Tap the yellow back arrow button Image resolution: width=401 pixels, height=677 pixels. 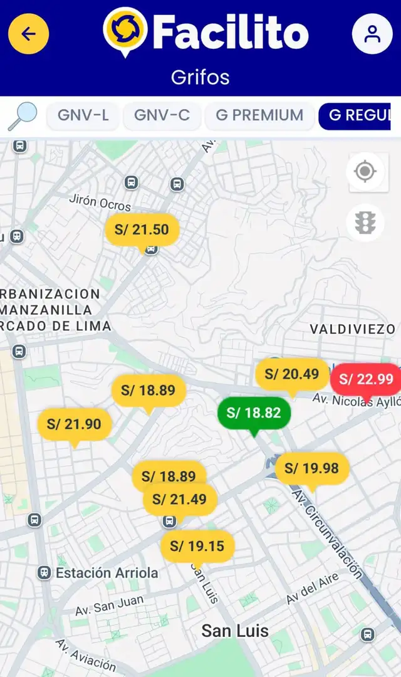(x=29, y=33)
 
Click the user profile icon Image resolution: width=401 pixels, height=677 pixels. (x=372, y=33)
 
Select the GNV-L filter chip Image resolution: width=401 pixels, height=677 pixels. (x=83, y=115)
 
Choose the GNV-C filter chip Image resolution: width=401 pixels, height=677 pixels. (x=162, y=115)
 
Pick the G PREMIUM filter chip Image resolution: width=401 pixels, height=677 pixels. (x=259, y=115)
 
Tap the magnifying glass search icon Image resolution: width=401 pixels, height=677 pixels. (x=23, y=116)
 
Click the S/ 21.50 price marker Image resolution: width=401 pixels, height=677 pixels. (x=142, y=229)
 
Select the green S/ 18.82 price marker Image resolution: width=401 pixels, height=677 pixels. (x=253, y=412)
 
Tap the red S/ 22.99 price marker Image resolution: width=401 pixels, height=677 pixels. (x=366, y=379)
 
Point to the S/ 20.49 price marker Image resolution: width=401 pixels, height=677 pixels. (x=292, y=374)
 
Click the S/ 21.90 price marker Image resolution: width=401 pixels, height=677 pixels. (x=75, y=424)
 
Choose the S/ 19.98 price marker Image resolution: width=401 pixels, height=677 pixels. (x=312, y=468)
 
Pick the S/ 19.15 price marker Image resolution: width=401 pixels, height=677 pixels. (x=197, y=547)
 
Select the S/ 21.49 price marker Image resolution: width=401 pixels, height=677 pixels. (x=180, y=500)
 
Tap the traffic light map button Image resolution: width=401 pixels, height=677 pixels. (x=365, y=222)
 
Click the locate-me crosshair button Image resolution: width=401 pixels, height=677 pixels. (x=365, y=171)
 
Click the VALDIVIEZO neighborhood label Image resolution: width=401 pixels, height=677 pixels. (x=353, y=329)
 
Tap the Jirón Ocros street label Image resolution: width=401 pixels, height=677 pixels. (x=100, y=204)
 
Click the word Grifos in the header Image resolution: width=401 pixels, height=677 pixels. (x=200, y=78)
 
